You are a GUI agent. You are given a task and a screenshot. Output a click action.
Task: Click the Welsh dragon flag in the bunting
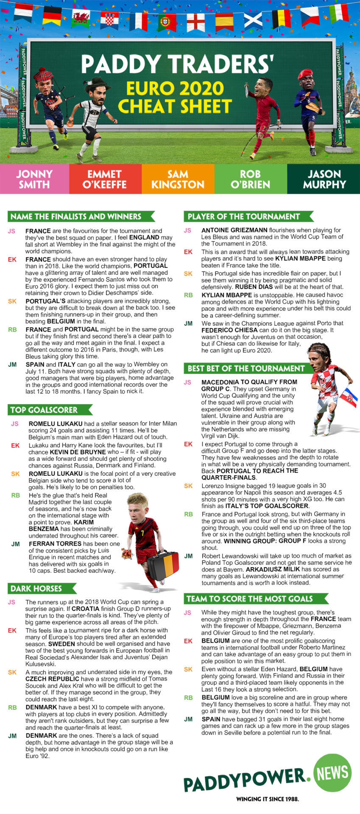pyautogui.click(x=80, y=18)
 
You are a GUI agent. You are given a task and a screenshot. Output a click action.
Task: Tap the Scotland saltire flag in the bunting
pyautogui.click(x=253, y=19)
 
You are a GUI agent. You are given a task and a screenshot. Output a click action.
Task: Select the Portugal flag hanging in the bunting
pyautogui.click(x=167, y=22)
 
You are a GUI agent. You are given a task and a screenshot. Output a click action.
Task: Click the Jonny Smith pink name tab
pyautogui.click(x=34, y=179)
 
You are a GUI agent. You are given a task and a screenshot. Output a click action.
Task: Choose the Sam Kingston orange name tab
pyautogui.click(x=178, y=179)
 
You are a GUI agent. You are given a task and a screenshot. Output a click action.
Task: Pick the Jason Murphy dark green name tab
pyautogui.click(x=324, y=179)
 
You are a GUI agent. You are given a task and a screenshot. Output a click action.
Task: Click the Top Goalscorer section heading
pyautogui.click(x=44, y=410)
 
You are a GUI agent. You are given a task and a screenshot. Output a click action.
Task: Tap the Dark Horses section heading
pyautogui.click(x=36, y=588)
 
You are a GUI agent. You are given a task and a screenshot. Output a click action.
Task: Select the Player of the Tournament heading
pyautogui.click(x=244, y=217)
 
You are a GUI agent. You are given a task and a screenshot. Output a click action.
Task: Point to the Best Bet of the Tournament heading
pyautogui.click(x=246, y=368)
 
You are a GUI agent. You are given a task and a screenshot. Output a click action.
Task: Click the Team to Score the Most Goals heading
pyautogui.click(x=250, y=599)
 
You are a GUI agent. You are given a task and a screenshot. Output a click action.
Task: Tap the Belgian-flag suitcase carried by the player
pyautogui.click(x=163, y=564)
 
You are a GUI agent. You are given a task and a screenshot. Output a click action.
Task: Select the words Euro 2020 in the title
pyautogui.click(x=175, y=89)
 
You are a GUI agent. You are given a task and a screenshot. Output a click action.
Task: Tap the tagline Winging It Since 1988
pyautogui.click(x=267, y=799)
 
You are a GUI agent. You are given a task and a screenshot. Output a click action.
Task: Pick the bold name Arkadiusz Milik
pyautogui.click(x=273, y=569)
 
